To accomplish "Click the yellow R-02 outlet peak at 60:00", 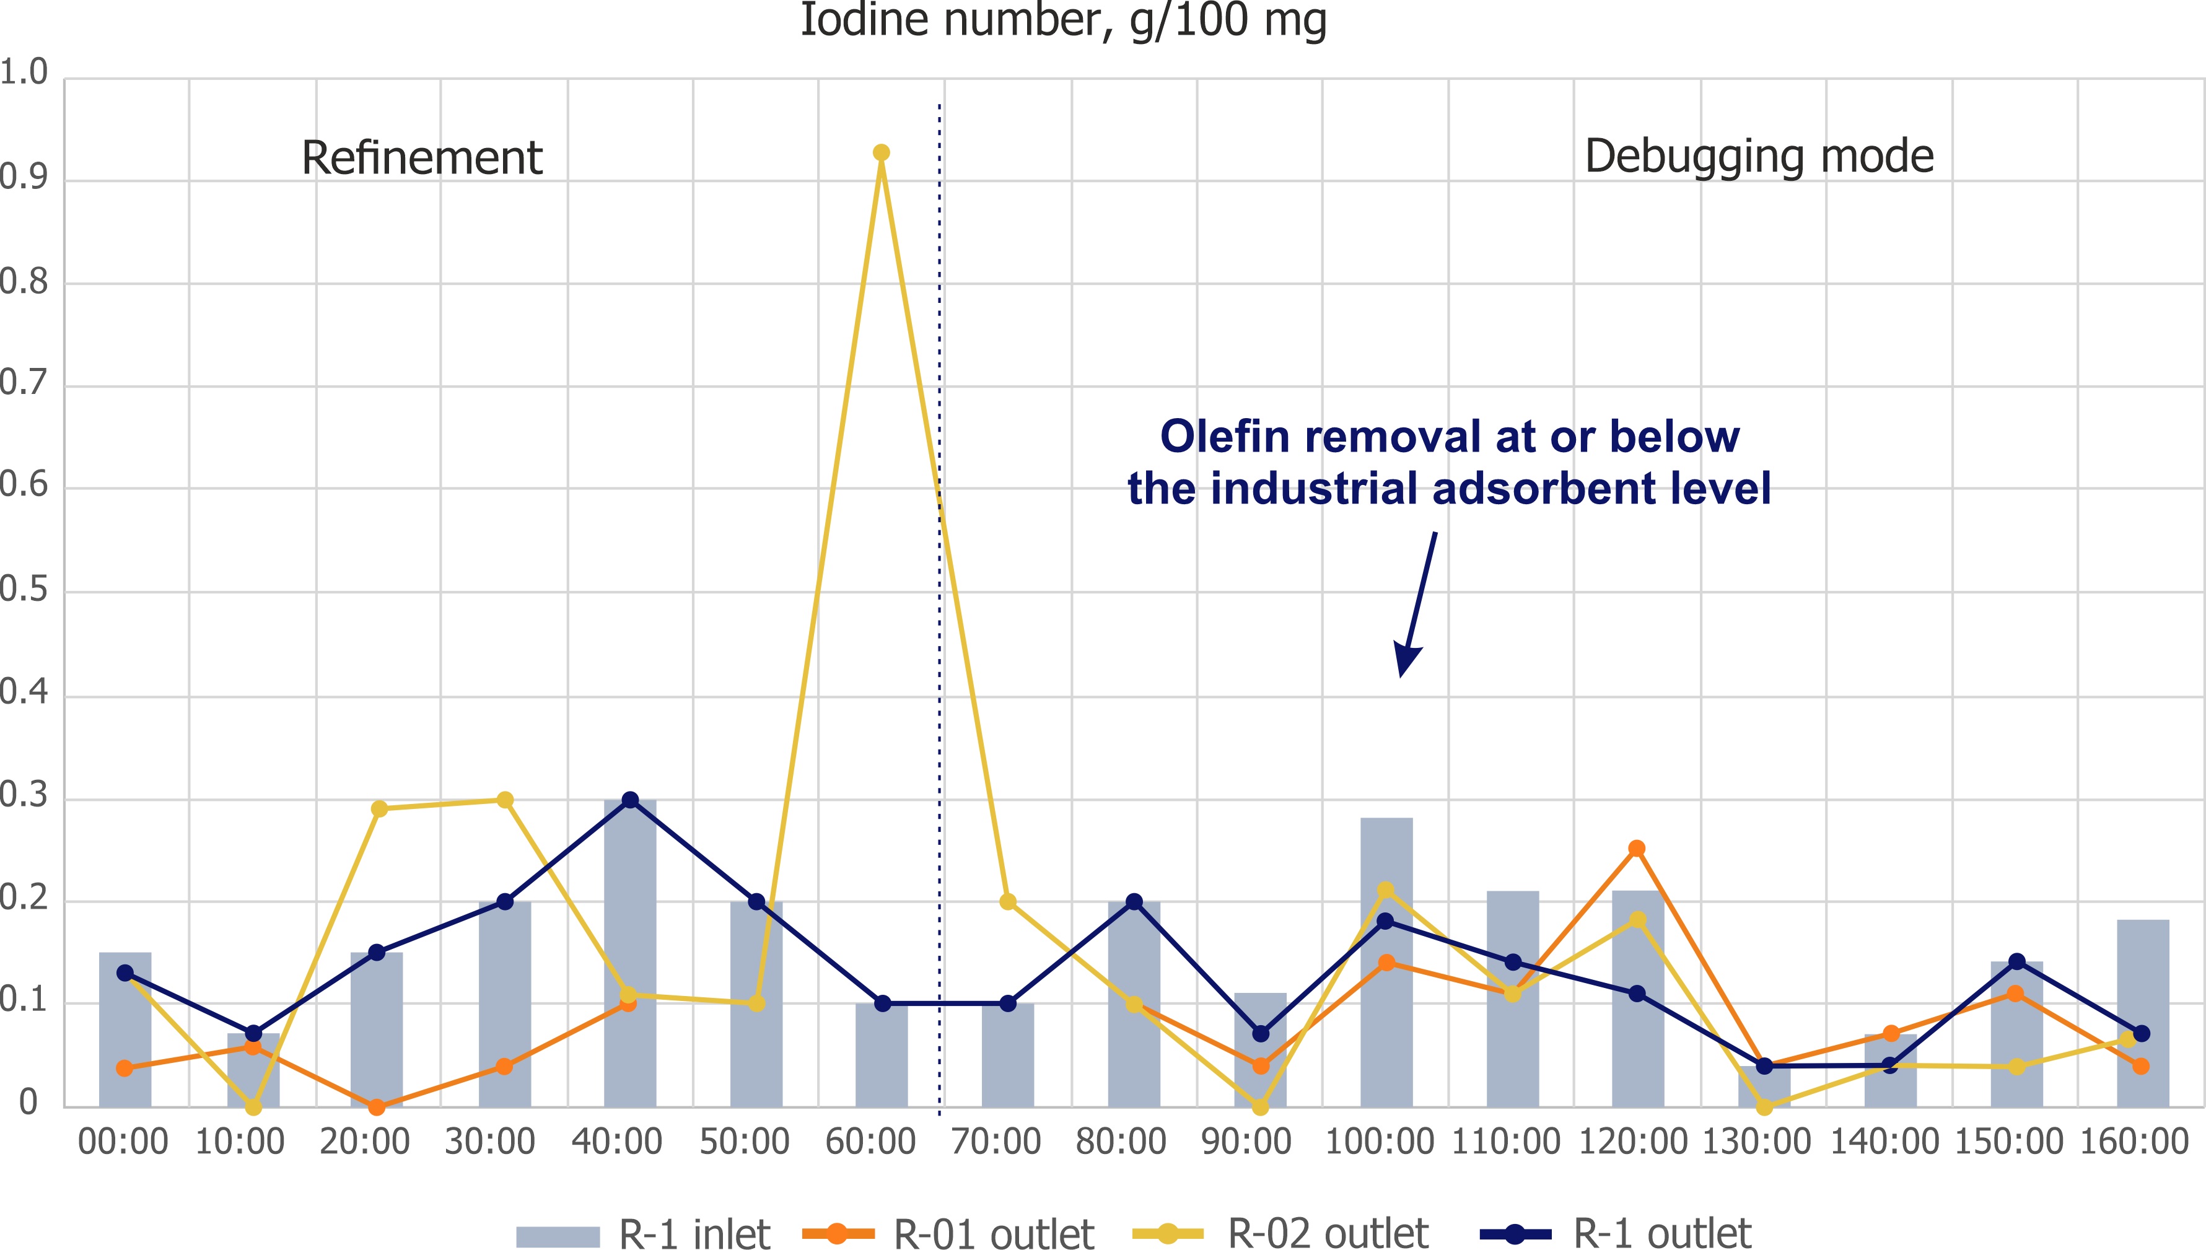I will (x=881, y=153).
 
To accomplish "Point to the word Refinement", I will (x=421, y=158).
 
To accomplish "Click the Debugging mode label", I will (x=1759, y=157).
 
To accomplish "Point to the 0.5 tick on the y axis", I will (x=24, y=592).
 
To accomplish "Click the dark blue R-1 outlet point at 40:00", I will (x=630, y=800).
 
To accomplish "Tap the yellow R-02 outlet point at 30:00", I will (x=505, y=800).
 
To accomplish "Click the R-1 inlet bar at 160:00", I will (x=2142, y=1013).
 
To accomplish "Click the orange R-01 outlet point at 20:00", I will (x=376, y=1108).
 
